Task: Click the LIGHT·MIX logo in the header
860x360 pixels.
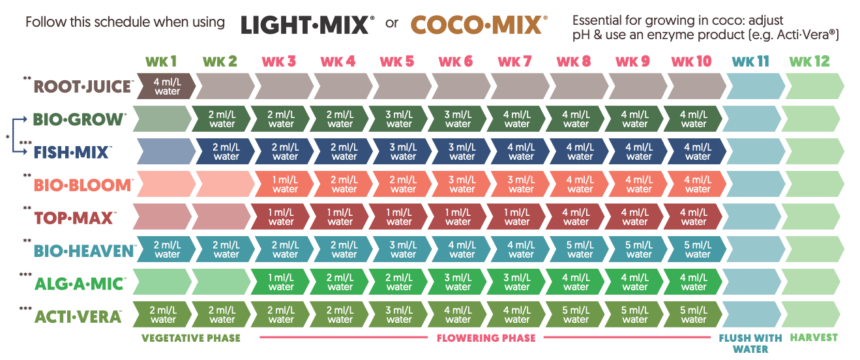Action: pyautogui.click(x=307, y=24)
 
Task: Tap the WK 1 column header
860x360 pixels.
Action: pyautogui.click(x=161, y=61)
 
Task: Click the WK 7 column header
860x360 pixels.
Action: pyautogui.click(x=514, y=61)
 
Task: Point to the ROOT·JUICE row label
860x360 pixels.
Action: pyautogui.click(x=83, y=86)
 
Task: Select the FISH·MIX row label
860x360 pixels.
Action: pyautogui.click(x=72, y=152)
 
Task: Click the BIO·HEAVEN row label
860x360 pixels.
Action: pyautogui.click(x=84, y=250)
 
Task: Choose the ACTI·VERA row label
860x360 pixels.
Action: pyautogui.click(x=78, y=316)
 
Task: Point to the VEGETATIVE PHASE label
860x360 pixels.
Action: pyautogui.click(x=191, y=338)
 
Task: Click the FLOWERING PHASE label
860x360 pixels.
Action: pyautogui.click(x=486, y=338)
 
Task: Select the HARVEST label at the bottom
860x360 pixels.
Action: pyautogui.click(x=814, y=338)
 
